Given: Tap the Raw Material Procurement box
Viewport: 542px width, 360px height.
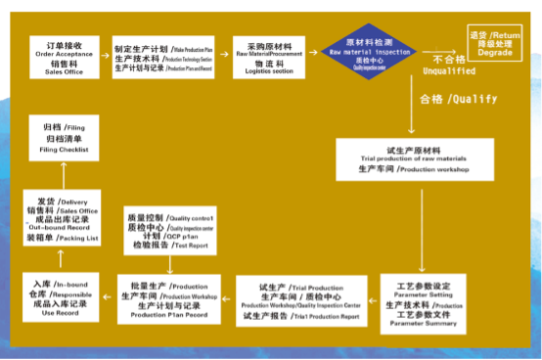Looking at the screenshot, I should (x=269, y=55).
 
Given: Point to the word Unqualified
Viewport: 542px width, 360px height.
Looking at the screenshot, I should (x=449, y=71).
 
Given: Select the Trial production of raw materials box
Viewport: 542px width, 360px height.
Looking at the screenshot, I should (x=414, y=157).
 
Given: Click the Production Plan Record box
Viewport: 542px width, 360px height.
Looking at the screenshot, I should (x=167, y=298).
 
